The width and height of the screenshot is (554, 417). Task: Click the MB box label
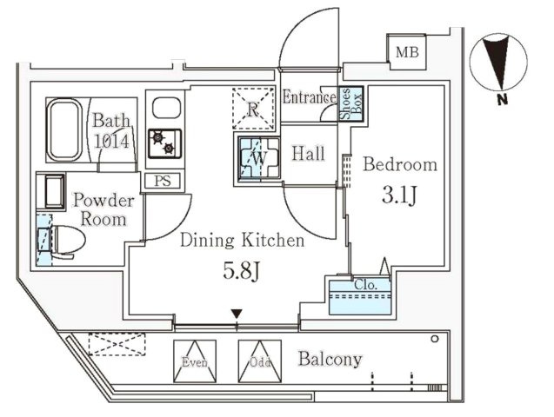point(407,53)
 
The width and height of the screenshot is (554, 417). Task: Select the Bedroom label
point(399,165)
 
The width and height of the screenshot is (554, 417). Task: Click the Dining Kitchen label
point(242,241)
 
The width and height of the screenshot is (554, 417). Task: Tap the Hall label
point(308,155)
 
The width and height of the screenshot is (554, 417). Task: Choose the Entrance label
point(309,97)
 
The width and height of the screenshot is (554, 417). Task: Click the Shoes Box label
point(345,103)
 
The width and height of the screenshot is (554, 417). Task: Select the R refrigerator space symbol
point(251,109)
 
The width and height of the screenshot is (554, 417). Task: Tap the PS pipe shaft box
point(162,181)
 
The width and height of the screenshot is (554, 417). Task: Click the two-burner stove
point(163,143)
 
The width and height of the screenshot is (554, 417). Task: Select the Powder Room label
point(103,209)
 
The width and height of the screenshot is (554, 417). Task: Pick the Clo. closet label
point(364,284)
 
